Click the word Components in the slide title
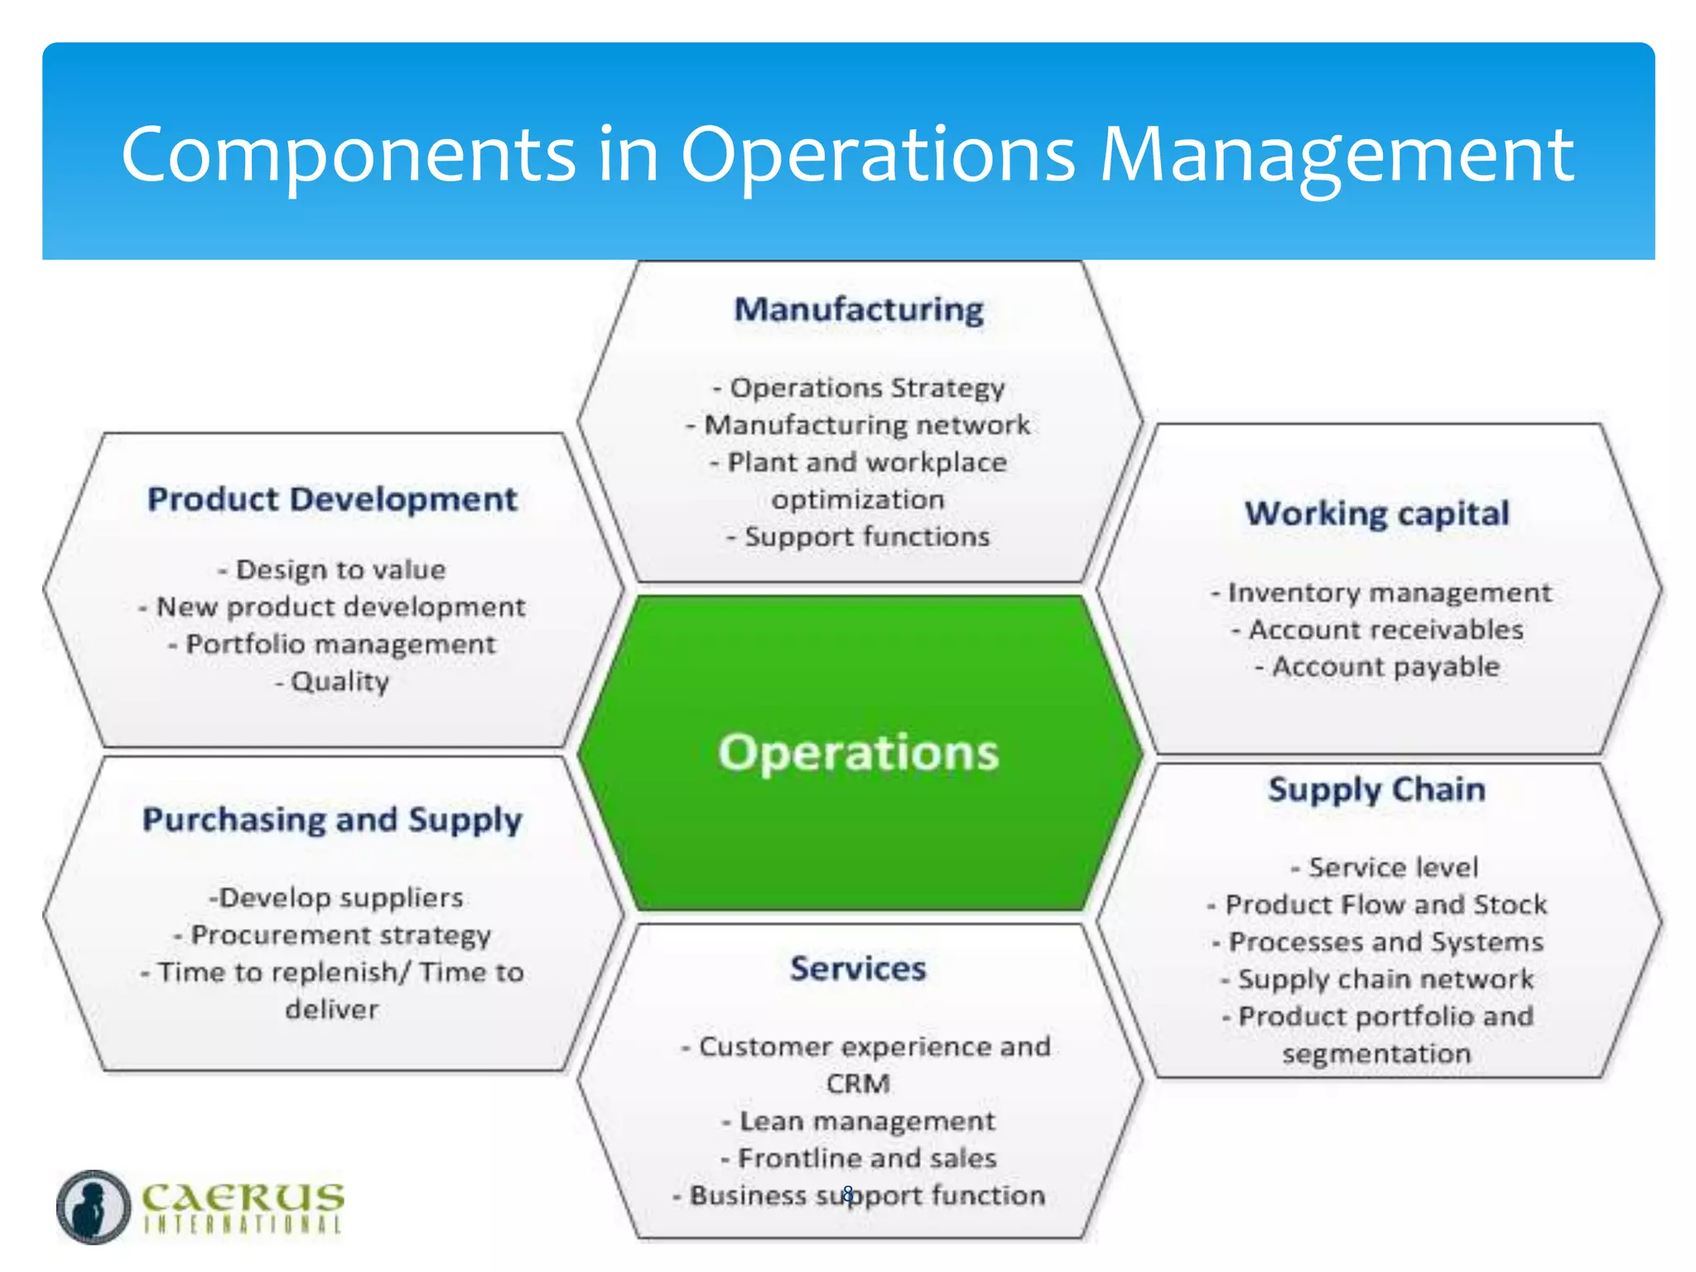pos(348,155)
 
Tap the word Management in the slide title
pos(1337,155)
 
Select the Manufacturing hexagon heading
pos(859,310)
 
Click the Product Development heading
pos(332,499)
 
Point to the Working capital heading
pos(1377,513)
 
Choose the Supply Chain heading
pos(1376,789)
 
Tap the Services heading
pos(858,968)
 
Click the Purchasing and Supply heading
pos(332,820)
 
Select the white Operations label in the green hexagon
pos(859,753)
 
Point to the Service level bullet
pos(1385,867)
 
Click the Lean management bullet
pos(860,1120)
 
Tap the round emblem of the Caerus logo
pos(94,1207)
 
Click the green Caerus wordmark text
pos(243,1197)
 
